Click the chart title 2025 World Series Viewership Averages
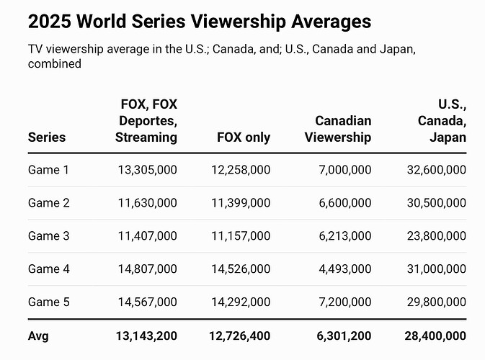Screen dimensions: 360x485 coord(200,22)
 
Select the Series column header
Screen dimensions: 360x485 coord(47,137)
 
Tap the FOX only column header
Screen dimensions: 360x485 coord(243,137)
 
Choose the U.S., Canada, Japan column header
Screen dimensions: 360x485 coord(442,120)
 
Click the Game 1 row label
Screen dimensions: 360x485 coord(49,170)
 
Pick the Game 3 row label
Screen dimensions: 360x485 coord(49,236)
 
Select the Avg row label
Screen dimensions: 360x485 coord(38,336)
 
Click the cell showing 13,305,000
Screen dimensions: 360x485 coord(147,170)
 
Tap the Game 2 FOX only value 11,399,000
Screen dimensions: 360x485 coord(241,203)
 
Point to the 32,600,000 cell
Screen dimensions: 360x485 coord(436,170)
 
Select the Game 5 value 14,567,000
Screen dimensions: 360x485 coord(147,302)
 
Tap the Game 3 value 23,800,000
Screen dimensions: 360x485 coord(436,236)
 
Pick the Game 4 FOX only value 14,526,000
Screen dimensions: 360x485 coord(241,269)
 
